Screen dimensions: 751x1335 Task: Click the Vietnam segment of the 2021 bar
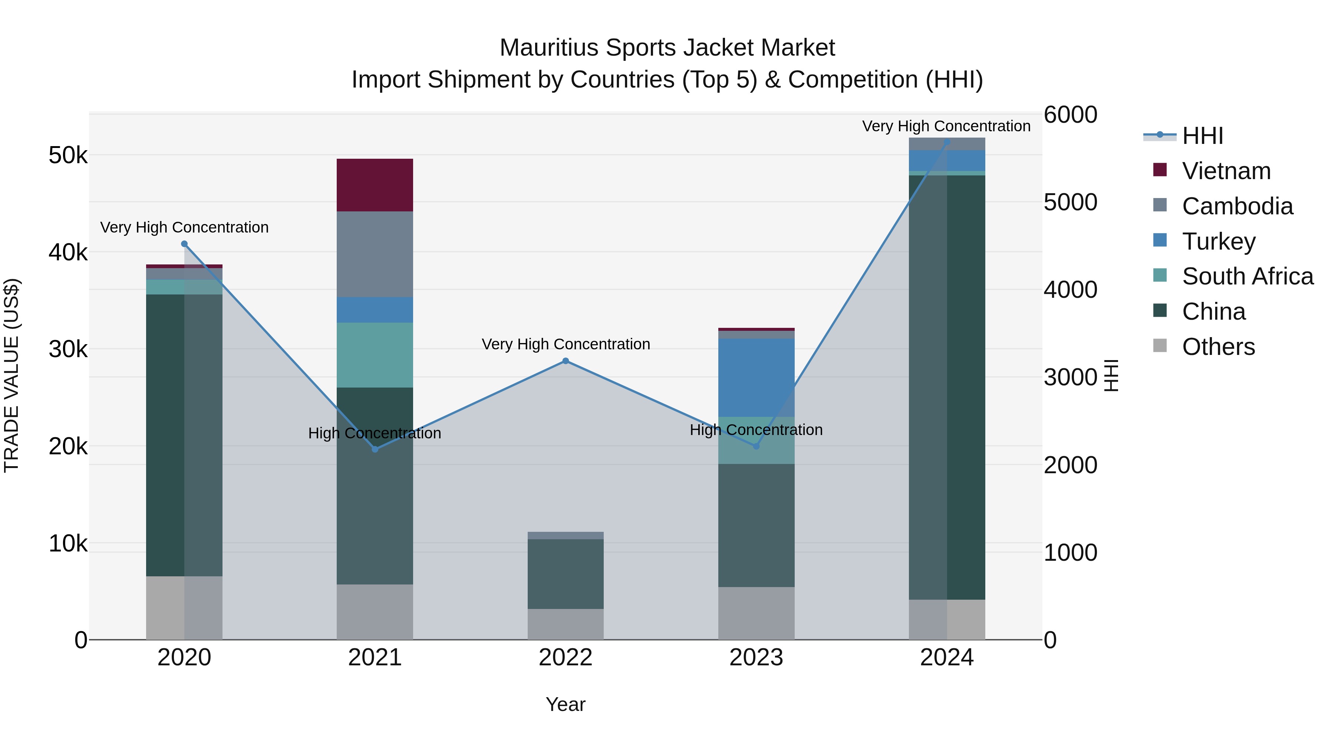(x=375, y=185)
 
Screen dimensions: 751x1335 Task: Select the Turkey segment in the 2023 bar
(x=756, y=377)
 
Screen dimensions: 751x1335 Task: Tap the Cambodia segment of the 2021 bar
(x=375, y=254)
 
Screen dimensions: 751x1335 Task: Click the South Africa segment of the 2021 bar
(x=375, y=355)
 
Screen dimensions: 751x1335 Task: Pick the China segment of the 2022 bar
(x=566, y=574)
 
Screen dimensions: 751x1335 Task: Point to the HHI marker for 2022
(x=566, y=361)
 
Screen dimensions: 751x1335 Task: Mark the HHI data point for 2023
(x=756, y=446)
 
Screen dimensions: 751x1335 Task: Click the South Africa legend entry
(x=1247, y=276)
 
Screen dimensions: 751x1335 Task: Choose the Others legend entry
(x=1218, y=347)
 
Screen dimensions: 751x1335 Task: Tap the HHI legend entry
(x=1202, y=136)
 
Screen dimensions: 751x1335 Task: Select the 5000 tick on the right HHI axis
(x=1070, y=202)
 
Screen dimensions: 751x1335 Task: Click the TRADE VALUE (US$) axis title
(x=11, y=376)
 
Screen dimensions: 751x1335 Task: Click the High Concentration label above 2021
(x=375, y=433)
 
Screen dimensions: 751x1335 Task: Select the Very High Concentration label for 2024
(x=946, y=126)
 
